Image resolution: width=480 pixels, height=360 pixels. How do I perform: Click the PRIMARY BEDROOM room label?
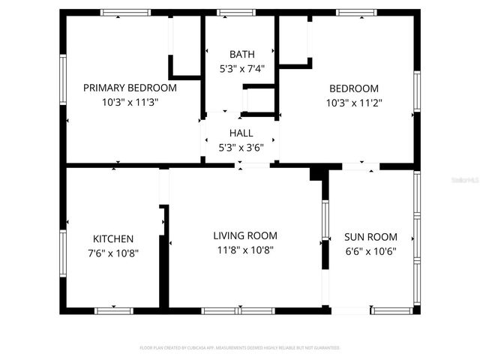click(x=130, y=87)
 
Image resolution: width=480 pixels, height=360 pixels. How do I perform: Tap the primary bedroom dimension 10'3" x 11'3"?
click(x=130, y=101)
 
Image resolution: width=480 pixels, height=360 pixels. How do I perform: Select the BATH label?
click(x=241, y=54)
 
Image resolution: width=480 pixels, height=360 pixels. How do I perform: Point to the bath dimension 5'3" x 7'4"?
click(x=241, y=67)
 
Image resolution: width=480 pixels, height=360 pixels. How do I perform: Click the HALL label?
click(x=241, y=133)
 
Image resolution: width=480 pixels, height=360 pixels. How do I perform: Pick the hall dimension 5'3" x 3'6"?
click(x=241, y=148)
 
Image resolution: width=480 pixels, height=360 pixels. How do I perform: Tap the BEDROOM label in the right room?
click(x=352, y=88)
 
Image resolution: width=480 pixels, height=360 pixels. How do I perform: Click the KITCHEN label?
click(x=113, y=238)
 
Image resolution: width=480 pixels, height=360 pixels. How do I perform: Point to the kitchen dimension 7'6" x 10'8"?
click(x=113, y=253)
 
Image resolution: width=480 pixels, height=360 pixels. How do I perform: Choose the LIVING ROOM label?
click(x=245, y=235)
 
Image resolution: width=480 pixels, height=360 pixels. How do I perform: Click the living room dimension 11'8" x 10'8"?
click(x=245, y=249)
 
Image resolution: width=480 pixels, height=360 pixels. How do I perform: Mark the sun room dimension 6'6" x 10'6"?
click(x=370, y=251)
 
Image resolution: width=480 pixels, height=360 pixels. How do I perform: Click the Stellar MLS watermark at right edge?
click(x=466, y=180)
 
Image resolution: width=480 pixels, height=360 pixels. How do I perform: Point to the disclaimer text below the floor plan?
click(x=240, y=348)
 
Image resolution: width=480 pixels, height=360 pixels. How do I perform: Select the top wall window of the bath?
click(x=230, y=13)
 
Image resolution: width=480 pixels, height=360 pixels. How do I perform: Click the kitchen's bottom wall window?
click(x=113, y=310)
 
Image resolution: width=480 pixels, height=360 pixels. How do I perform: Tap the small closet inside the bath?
click(x=259, y=100)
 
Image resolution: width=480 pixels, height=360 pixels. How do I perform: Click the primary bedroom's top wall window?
click(x=125, y=13)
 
